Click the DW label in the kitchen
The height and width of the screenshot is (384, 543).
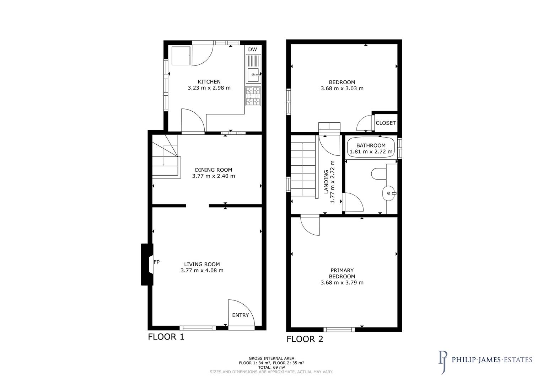click(252, 50)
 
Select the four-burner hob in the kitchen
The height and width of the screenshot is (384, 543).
click(253, 96)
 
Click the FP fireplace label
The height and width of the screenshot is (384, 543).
click(156, 262)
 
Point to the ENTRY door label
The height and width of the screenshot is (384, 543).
click(241, 315)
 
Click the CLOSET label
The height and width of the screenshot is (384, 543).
click(386, 123)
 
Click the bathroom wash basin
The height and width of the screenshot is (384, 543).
click(389, 193)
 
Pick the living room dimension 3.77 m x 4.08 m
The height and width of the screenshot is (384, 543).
click(202, 270)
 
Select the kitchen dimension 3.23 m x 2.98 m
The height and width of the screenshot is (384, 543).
click(209, 88)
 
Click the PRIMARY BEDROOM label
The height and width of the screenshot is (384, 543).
click(342, 273)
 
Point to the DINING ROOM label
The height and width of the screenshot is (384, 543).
click(213, 170)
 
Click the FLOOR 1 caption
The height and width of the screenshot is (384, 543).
click(166, 337)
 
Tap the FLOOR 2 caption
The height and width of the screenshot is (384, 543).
click(305, 339)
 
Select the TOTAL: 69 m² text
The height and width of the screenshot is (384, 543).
click(271, 367)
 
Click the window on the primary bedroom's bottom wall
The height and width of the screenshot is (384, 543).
click(339, 330)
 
